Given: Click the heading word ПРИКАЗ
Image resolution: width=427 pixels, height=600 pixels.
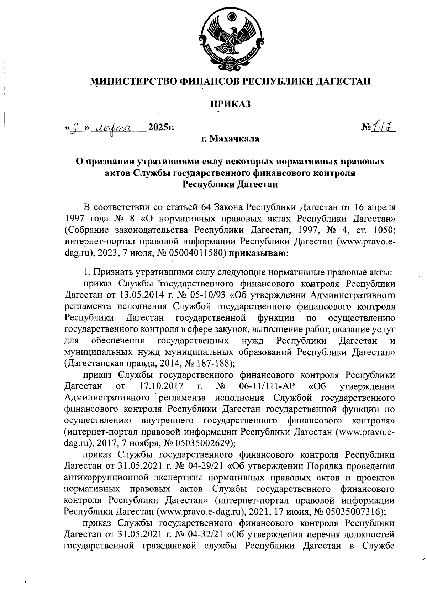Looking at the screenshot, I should click(x=230, y=104).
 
